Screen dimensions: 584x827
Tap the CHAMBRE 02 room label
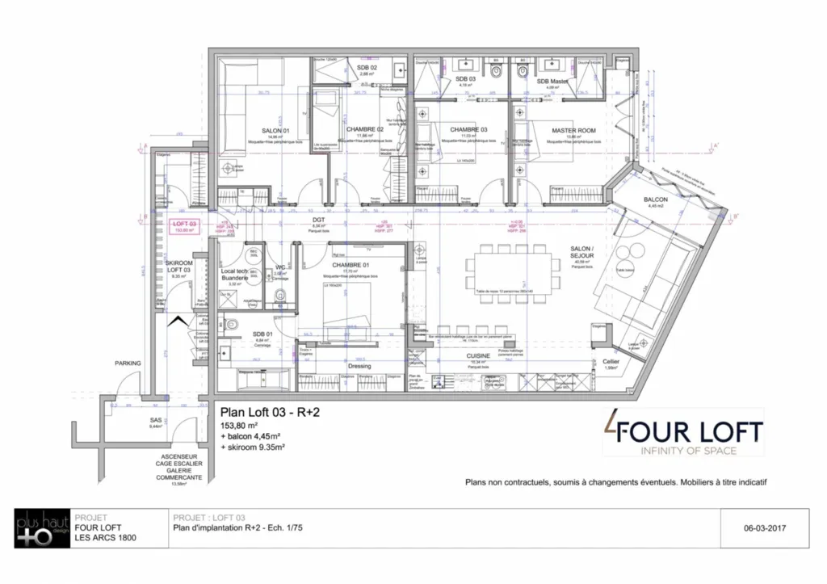[x=364, y=129]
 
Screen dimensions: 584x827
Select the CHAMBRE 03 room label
[x=468, y=129]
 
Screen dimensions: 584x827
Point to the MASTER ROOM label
[x=573, y=130]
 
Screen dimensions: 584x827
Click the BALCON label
[x=655, y=199]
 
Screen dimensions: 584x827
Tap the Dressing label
[x=359, y=366]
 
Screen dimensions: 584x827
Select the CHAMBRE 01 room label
[x=350, y=264]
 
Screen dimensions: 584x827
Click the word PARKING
[x=128, y=363]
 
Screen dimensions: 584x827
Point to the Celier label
[x=611, y=361]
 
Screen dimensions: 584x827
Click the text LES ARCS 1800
[x=105, y=537]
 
